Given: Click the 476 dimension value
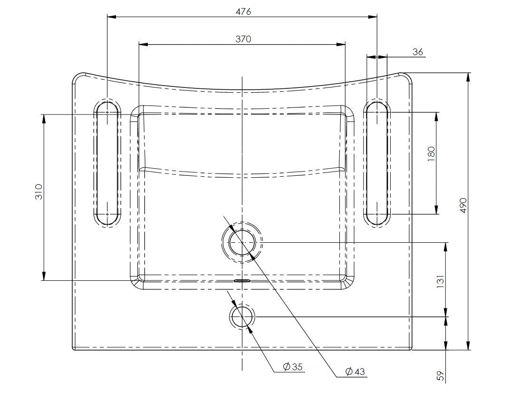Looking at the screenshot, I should pos(243,11).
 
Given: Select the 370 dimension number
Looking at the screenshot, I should pos(243,39).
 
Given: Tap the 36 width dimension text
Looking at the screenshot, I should pos(417,52).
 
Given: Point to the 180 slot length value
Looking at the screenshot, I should pos(431,154).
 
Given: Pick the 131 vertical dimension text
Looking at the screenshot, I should pos(440,282).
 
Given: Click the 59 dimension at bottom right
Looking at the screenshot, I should pos(440,375).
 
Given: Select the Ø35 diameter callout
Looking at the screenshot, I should pos(292,367).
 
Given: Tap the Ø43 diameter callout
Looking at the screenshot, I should pos(355,372).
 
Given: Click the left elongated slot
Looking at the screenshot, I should pos(107,163).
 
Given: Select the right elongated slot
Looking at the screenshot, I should pos(377,163).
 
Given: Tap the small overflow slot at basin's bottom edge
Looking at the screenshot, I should pos(242,280).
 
